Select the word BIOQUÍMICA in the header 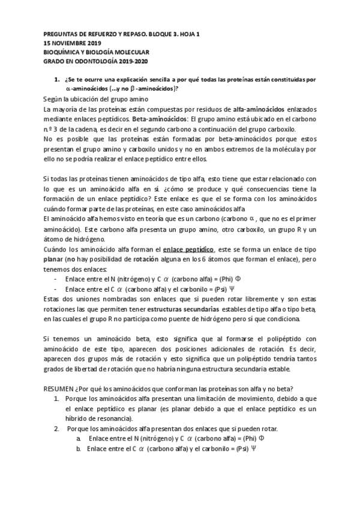click(x=62, y=52)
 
